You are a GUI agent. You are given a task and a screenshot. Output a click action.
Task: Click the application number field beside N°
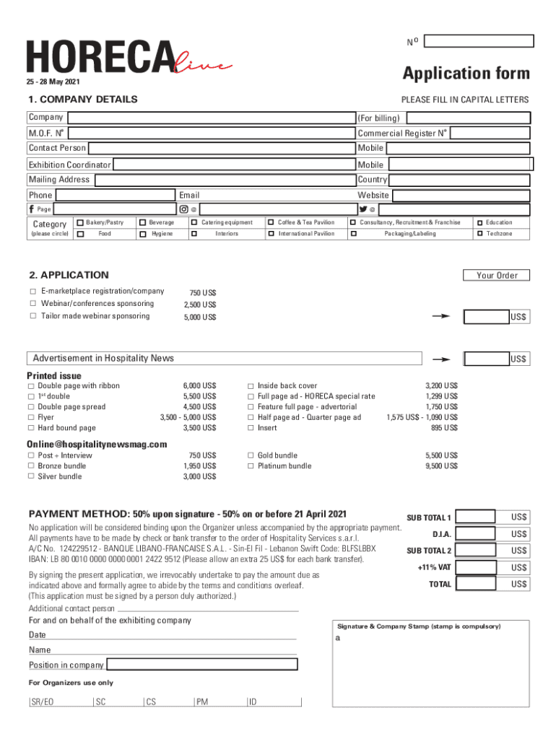[x=478, y=41]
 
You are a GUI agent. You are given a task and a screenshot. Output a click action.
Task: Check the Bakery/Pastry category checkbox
[x=79, y=222]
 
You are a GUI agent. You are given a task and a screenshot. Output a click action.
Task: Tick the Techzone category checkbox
[x=480, y=234]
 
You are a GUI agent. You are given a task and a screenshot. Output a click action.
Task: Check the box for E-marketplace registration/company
[x=32, y=292]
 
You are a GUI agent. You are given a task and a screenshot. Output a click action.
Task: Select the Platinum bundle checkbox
[x=251, y=466]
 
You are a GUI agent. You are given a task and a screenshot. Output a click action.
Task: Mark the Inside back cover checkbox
[x=251, y=386]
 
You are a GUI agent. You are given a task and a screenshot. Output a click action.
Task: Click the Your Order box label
[x=497, y=275]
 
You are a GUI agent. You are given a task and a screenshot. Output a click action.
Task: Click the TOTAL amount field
[x=477, y=585]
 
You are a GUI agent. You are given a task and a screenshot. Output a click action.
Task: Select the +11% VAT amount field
[x=477, y=568]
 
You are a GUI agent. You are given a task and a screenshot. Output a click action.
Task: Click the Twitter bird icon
[x=362, y=209]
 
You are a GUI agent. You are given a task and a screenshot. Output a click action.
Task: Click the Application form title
[x=466, y=74]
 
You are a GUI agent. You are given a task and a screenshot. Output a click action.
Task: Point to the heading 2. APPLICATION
[x=69, y=275]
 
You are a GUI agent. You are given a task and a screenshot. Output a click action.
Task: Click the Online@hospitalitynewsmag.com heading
[x=97, y=444]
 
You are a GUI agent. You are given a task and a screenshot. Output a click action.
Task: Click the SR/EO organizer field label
[x=43, y=701]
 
